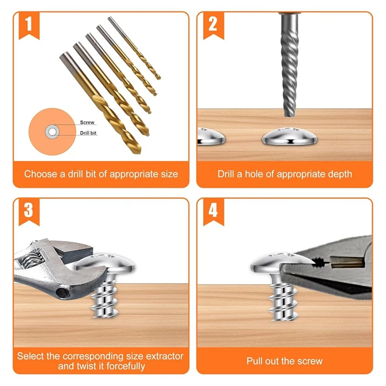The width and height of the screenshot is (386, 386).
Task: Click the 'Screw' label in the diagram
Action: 87,123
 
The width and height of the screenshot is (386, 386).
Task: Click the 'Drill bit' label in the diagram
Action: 89,133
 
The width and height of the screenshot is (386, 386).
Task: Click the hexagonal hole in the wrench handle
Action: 62,292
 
